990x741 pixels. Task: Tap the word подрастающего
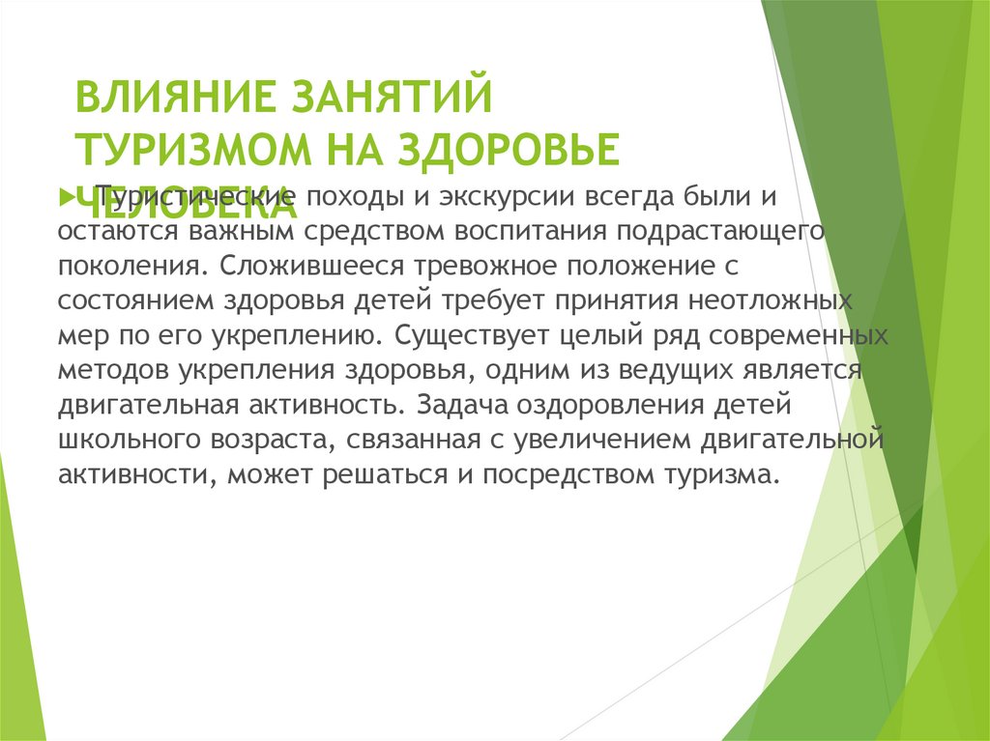click(721, 232)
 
